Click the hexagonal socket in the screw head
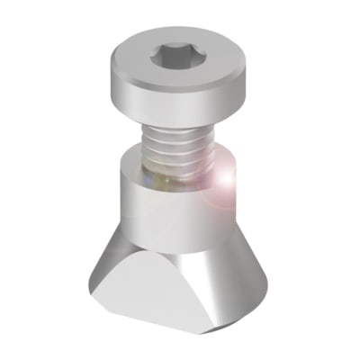coord(179,58)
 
